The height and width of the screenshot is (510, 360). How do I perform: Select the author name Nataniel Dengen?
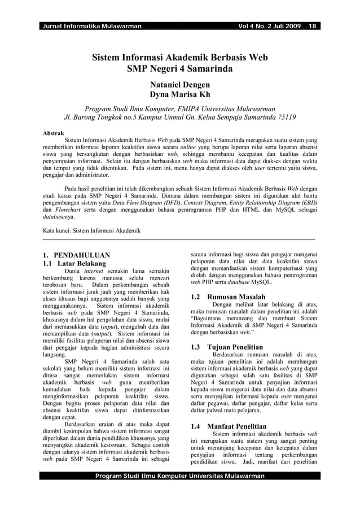pyautogui.click(x=179, y=83)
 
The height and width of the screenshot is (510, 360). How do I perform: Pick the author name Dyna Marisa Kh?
pyautogui.click(x=179, y=94)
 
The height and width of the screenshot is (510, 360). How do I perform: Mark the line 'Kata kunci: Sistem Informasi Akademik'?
pyautogui.click(x=92, y=231)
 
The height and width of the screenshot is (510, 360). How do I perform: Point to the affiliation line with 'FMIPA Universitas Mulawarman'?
pyautogui.click(x=179, y=108)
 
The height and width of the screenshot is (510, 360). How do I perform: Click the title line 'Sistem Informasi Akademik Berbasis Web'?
pyautogui.click(x=179, y=58)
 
